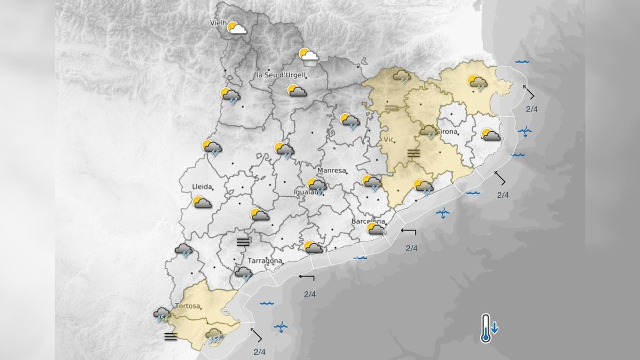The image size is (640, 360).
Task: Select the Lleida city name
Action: click(x=202, y=187)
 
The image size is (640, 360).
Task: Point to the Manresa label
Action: click(x=332, y=171)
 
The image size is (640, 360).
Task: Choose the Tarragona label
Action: click(x=265, y=261)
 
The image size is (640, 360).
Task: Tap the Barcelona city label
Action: click(x=369, y=221)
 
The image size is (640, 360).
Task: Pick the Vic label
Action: click(x=388, y=139)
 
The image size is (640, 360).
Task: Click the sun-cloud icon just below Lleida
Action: click(x=202, y=203)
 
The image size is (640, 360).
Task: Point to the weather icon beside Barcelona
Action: click(x=375, y=229)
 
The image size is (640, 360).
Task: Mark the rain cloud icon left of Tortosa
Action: click(x=162, y=315)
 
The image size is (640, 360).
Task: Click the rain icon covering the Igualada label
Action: click(x=317, y=186)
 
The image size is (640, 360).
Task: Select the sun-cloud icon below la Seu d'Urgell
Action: click(x=296, y=91)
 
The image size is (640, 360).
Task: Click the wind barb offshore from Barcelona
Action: click(x=409, y=231)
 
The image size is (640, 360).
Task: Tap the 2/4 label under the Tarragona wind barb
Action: click(x=310, y=294)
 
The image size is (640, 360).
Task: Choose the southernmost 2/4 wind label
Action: click(x=260, y=351)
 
